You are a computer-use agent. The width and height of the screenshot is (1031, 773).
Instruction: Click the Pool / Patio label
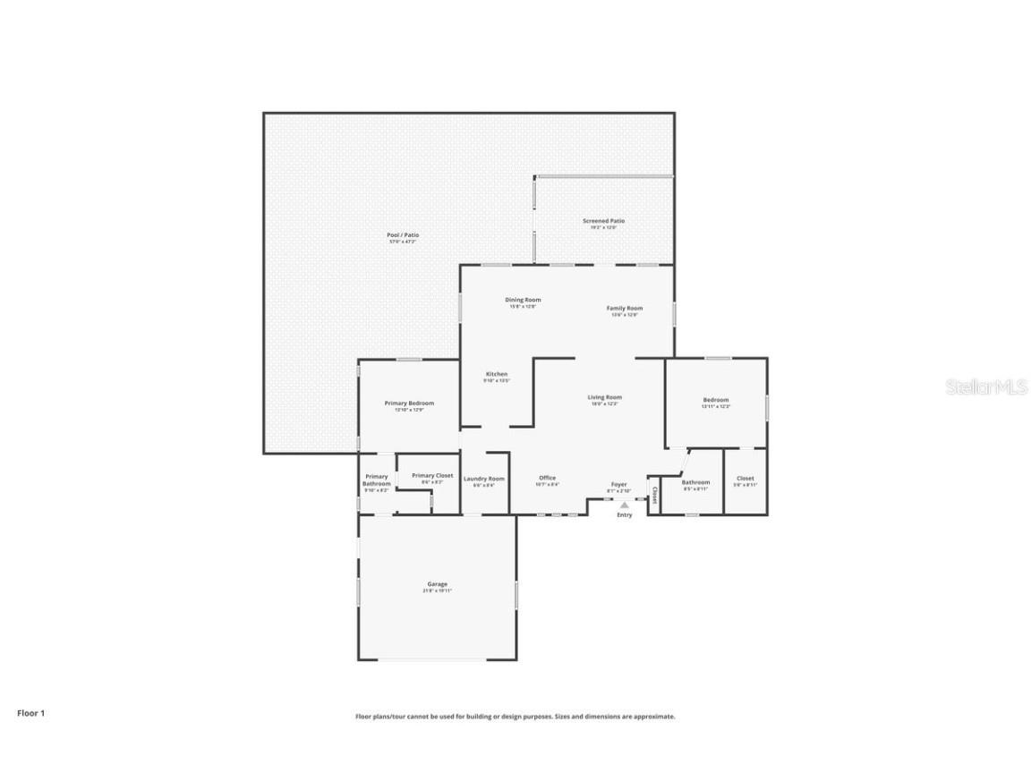(x=403, y=235)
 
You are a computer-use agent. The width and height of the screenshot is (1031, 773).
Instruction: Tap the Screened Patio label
(x=604, y=221)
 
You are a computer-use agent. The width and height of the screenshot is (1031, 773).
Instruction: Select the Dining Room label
(x=523, y=300)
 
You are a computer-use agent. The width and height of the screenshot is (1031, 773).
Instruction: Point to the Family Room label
(x=625, y=308)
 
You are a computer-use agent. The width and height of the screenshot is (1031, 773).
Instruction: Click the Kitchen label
(x=497, y=374)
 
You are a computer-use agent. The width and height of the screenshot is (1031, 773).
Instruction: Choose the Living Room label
(x=605, y=397)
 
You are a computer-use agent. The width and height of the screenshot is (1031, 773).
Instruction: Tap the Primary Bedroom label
(x=409, y=403)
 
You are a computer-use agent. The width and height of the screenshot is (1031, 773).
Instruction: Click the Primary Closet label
(x=432, y=476)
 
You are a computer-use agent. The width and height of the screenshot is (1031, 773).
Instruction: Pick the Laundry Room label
(x=484, y=479)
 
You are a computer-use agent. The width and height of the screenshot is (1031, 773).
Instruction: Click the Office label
(x=548, y=478)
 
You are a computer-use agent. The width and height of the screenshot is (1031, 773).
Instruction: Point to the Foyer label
(x=619, y=484)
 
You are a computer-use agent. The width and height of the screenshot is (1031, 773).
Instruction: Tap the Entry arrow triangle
(x=625, y=505)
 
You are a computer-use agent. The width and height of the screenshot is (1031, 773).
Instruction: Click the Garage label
(x=437, y=584)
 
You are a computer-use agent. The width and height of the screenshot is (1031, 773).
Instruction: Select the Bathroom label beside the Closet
(x=695, y=482)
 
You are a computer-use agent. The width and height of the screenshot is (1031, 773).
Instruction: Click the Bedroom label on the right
(x=716, y=400)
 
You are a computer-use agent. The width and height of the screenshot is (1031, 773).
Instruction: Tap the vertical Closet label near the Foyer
(x=654, y=495)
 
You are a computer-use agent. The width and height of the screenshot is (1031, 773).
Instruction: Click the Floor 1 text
(x=30, y=713)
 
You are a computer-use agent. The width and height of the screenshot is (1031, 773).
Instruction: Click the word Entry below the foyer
(x=625, y=515)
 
